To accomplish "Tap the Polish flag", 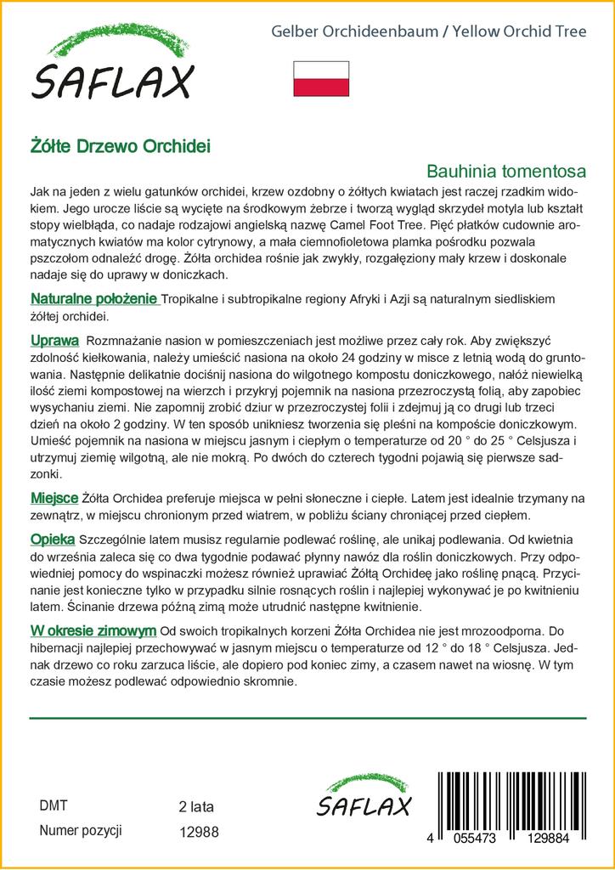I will tap(321, 78).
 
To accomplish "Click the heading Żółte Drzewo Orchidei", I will tap(121, 144).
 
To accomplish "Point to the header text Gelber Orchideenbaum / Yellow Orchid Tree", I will tap(428, 32).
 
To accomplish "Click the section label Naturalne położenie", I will tap(94, 299).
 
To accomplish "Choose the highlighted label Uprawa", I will tap(55, 341).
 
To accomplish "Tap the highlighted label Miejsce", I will tap(54, 496).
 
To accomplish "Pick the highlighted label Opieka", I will tap(53, 539).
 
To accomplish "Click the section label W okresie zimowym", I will tap(93, 630).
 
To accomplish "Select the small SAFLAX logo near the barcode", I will tap(364, 798).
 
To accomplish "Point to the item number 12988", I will tap(200, 833).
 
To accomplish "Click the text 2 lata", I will tap(197, 806).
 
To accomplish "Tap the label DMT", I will tap(54, 805).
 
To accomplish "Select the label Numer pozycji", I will tap(82, 831).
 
